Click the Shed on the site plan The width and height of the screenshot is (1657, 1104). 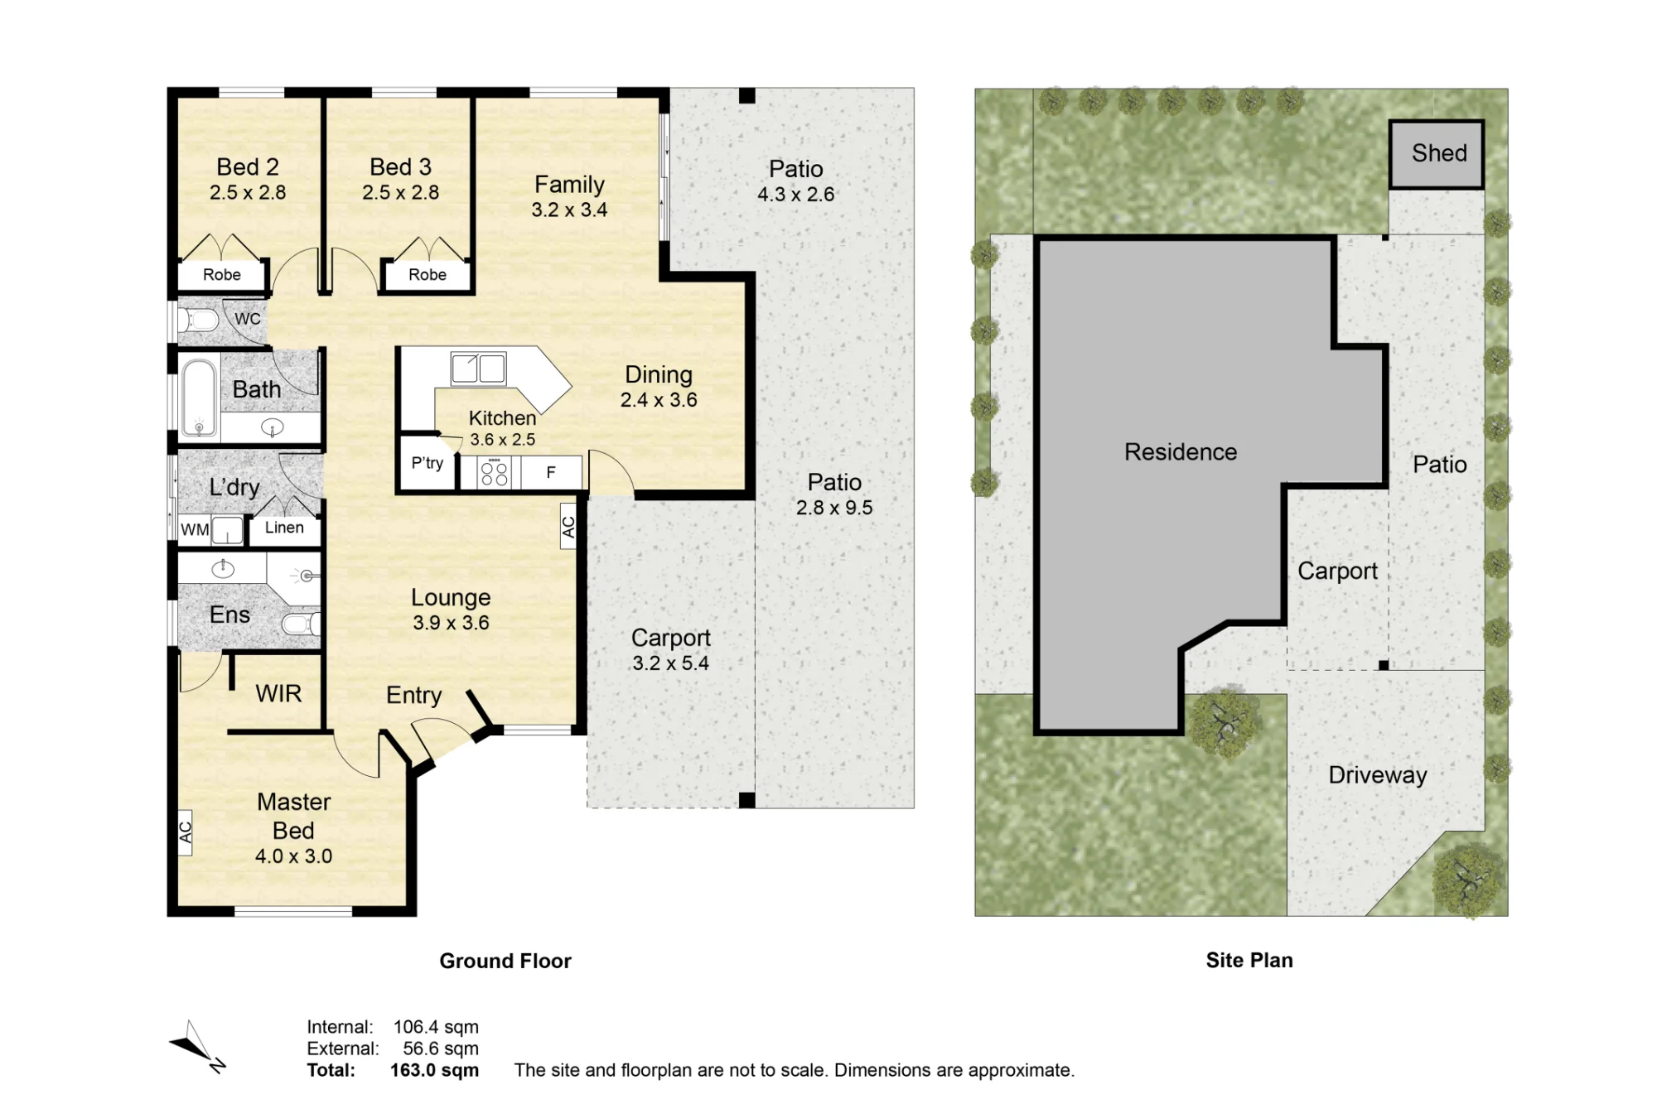[x=1437, y=154]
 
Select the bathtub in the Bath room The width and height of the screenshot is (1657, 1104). [x=199, y=398]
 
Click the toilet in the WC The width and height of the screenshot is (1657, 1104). [x=198, y=320]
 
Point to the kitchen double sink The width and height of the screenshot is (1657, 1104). [x=478, y=369]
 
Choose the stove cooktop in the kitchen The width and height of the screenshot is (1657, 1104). [x=495, y=473]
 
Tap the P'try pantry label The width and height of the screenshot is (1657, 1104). [x=428, y=463]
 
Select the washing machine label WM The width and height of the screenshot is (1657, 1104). [x=195, y=530]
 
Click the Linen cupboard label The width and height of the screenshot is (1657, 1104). [x=284, y=528]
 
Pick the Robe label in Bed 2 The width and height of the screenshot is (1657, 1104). [x=222, y=275]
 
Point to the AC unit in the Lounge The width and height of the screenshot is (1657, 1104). [x=568, y=527]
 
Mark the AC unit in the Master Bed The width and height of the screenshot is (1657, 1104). [x=185, y=832]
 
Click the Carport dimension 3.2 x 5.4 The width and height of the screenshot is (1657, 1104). [x=670, y=663]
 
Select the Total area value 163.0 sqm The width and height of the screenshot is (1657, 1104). [x=434, y=1070]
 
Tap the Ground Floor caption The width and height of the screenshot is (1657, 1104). [x=505, y=961]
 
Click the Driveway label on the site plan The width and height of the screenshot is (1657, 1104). [x=1378, y=775]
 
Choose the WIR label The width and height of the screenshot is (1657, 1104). [x=278, y=693]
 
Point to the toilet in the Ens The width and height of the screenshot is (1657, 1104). [x=300, y=624]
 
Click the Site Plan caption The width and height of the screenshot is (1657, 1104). [x=1249, y=961]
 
